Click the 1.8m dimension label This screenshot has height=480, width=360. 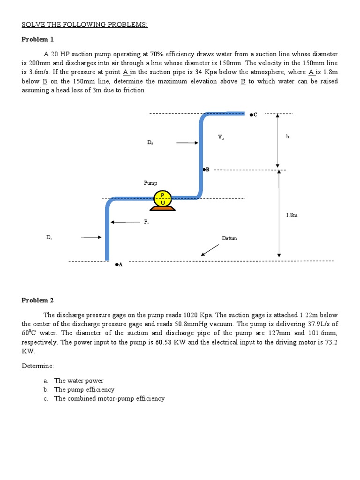click(x=292, y=215)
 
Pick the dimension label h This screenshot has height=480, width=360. click(x=287, y=136)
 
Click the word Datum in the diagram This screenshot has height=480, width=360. click(x=229, y=238)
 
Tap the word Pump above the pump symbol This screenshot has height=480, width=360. click(x=150, y=183)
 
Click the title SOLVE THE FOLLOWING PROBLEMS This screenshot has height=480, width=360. click(x=85, y=24)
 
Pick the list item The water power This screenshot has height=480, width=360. click(x=79, y=381)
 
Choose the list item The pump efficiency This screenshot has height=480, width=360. click(x=84, y=390)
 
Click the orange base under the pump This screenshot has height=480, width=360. click(x=163, y=208)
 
